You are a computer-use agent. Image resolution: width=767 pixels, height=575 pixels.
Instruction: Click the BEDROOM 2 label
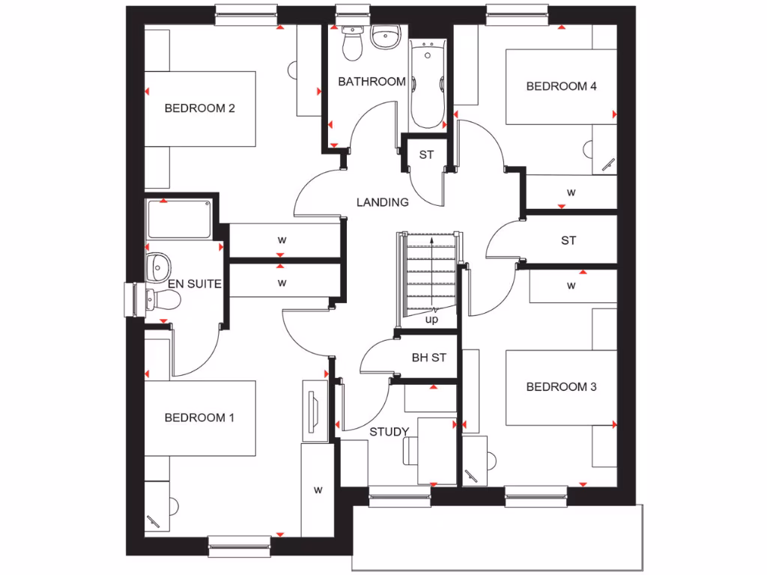(200, 108)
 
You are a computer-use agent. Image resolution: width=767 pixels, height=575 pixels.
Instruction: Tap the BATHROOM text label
(372, 82)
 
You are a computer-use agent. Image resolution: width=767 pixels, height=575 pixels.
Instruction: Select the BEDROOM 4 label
(561, 86)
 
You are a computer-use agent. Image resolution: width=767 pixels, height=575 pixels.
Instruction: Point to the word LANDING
(382, 202)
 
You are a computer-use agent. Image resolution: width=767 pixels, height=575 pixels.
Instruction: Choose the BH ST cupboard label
(428, 358)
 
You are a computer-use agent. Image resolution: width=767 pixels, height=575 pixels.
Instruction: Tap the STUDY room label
(389, 432)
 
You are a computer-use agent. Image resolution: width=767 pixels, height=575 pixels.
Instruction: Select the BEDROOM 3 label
(561, 387)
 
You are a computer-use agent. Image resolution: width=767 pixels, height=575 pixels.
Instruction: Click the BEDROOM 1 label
(199, 418)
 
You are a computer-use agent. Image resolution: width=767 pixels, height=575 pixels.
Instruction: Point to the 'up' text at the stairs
(431, 320)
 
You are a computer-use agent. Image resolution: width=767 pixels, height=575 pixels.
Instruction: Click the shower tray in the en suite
(178, 219)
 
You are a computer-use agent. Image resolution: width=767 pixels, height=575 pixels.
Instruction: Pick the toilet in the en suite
(164, 300)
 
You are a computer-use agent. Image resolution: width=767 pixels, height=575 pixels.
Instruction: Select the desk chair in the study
(410, 451)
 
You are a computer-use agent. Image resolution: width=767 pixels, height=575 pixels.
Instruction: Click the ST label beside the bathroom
(426, 156)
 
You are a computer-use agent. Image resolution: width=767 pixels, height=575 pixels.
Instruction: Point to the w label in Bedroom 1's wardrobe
(318, 490)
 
